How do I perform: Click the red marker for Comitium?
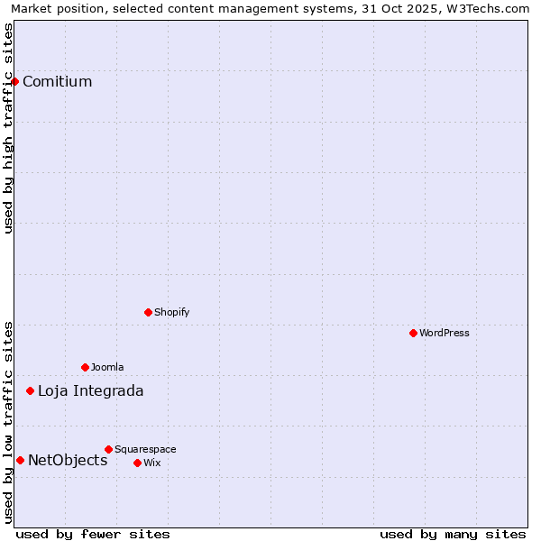coord(14,81)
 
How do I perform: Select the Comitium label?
coord(57,82)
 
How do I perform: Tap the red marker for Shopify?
coord(148,312)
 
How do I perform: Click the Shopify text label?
coord(171,312)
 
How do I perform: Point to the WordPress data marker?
coord(413,333)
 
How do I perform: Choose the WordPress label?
coord(444,333)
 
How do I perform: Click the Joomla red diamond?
coord(85,367)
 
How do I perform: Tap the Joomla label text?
coord(106,367)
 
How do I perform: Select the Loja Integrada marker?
coord(30,390)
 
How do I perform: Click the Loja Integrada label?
coord(90,390)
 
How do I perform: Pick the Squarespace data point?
coord(108,449)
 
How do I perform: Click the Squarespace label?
coord(145,449)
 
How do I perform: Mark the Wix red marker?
coord(137,463)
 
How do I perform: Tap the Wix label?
coord(151,463)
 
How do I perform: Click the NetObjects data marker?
coord(20,460)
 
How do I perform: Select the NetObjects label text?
coord(68,461)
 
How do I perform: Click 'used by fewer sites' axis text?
coord(93,534)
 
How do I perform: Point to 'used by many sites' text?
coord(453,534)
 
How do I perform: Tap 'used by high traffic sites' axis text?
coord(9,128)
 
